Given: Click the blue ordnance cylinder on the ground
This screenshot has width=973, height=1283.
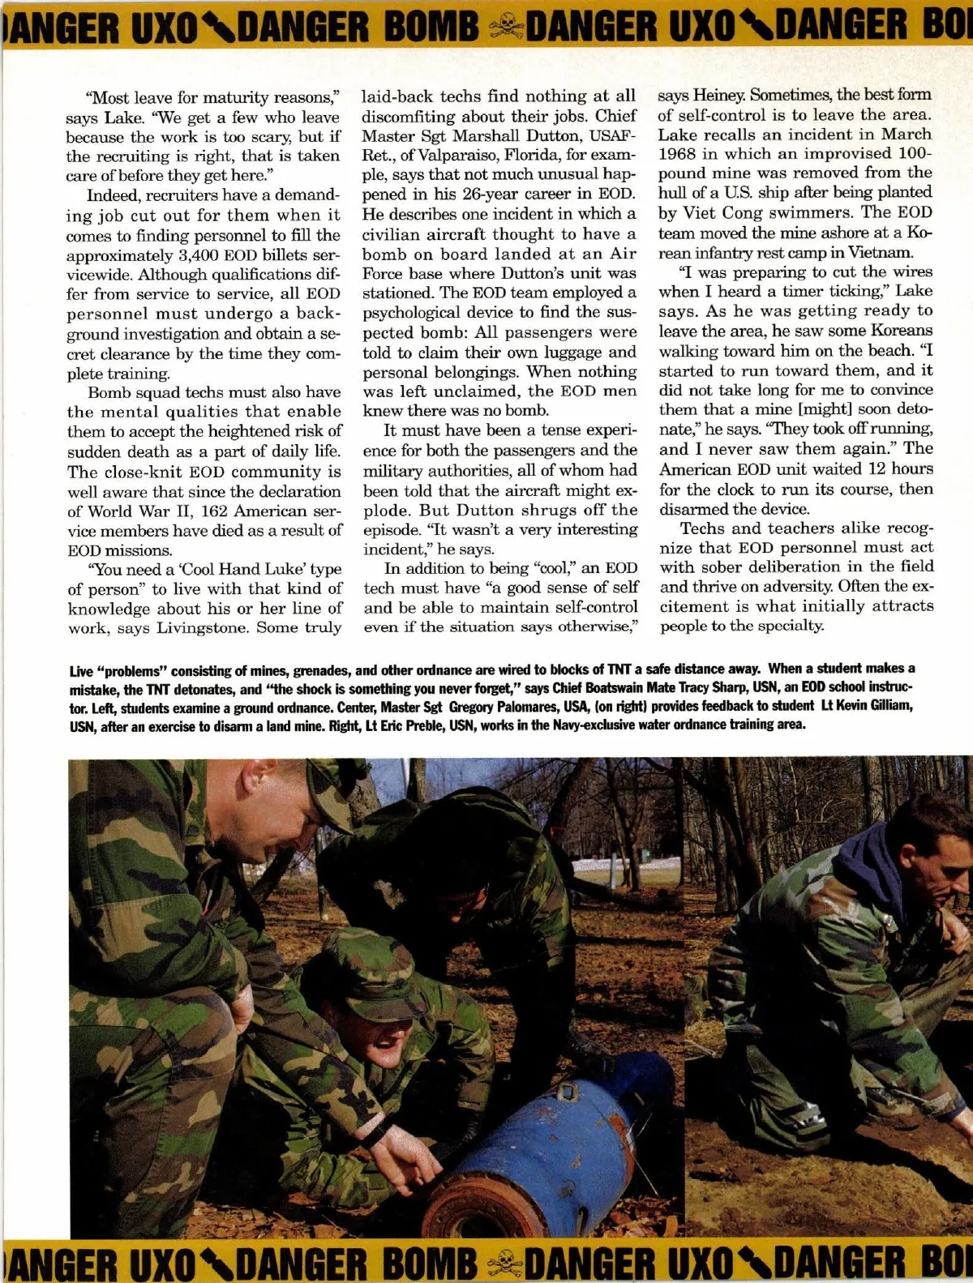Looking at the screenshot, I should pos(568,1135).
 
